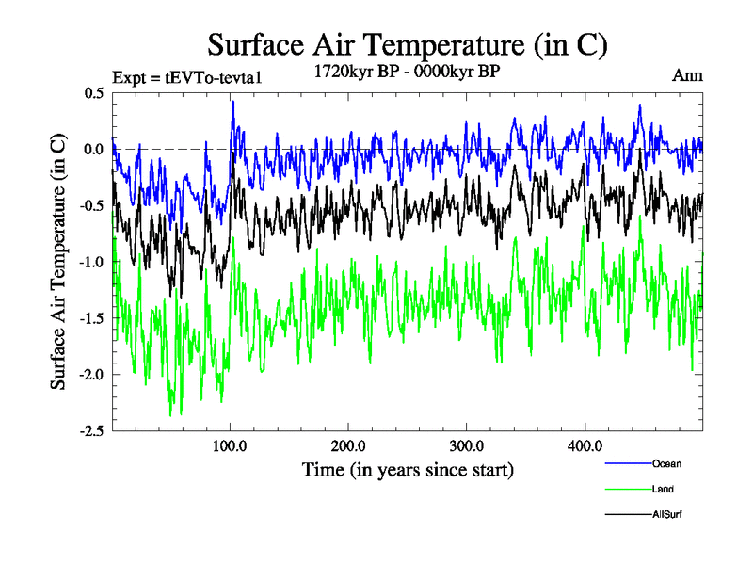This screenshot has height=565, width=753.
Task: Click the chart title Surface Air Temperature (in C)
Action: tap(408, 44)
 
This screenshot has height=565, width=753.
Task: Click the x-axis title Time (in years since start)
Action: tap(408, 468)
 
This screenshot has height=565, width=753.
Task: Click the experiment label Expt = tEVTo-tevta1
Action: tap(185, 77)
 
